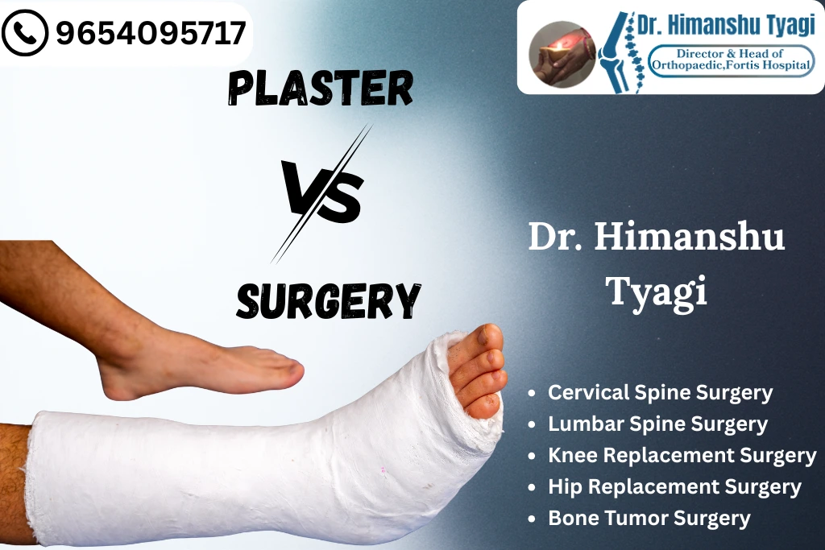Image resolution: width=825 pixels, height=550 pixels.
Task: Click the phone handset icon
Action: (25, 34)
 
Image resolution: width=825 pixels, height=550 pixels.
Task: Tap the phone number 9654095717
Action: (151, 33)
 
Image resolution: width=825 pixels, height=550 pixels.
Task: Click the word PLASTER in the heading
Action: (320, 88)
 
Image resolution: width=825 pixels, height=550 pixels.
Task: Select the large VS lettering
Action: (321, 193)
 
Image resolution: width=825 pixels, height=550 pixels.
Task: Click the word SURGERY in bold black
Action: (328, 300)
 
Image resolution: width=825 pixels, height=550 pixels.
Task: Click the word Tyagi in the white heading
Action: (657, 291)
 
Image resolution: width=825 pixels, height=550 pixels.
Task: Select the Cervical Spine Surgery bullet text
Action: (660, 393)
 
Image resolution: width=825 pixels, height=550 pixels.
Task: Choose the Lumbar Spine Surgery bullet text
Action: (657, 424)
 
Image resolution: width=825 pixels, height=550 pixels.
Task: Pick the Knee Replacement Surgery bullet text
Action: (682, 456)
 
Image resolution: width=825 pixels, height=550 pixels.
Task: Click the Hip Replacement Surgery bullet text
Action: (674, 487)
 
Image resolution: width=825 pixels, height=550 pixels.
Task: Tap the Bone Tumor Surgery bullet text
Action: (649, 519)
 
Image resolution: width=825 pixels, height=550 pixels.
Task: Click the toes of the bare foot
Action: (282, 373)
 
